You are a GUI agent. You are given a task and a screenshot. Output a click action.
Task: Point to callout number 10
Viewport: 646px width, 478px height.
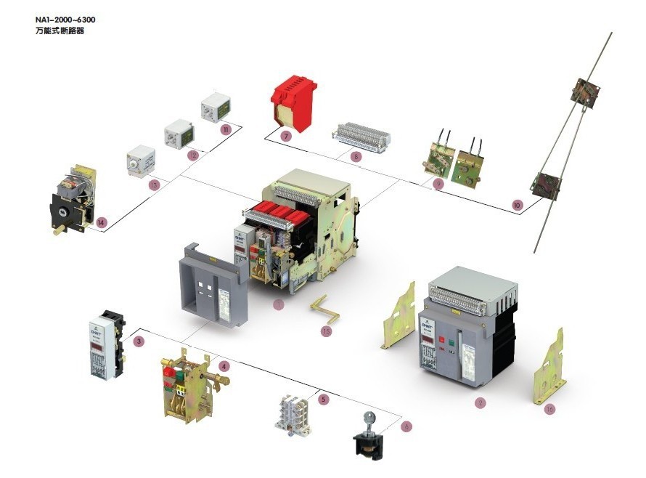point(517,206)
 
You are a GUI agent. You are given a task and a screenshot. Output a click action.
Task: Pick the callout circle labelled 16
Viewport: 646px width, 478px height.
point(549,409)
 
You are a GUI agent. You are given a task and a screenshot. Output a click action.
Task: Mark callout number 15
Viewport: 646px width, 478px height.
point(327,331)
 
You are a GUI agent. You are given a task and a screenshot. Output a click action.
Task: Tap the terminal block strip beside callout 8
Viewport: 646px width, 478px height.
point(361,137)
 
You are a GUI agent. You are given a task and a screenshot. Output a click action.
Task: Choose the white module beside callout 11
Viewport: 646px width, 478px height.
point(215,107)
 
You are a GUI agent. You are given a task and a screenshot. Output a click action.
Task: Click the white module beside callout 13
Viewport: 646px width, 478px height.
point(141,161)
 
